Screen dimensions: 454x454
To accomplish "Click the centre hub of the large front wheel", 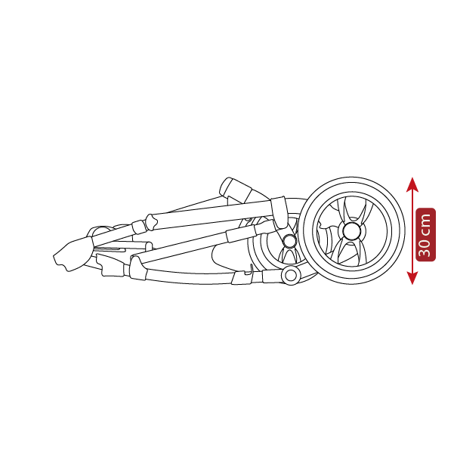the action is [x=352, y=230].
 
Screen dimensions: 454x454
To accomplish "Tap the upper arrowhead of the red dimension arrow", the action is [x=412, y=185].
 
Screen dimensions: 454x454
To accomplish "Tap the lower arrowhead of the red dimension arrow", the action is [x=412, y=278].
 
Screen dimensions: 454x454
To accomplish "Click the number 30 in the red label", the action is [x=425, y=248].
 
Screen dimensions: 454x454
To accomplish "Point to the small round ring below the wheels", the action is [x=291, y=276].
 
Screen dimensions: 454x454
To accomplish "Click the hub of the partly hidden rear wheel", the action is [x=289, y=241].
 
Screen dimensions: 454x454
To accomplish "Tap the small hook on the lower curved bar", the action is [x=249, y=270].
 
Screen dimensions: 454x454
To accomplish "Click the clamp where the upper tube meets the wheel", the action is [x=279, y=212].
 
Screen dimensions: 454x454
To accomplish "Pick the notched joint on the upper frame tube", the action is [x=151, y=222].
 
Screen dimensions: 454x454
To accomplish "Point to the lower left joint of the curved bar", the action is [x=137, y=268].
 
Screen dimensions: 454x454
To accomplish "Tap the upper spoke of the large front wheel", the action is [x=354, y=210].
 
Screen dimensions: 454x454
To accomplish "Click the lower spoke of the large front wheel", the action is [x=351, y=252].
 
